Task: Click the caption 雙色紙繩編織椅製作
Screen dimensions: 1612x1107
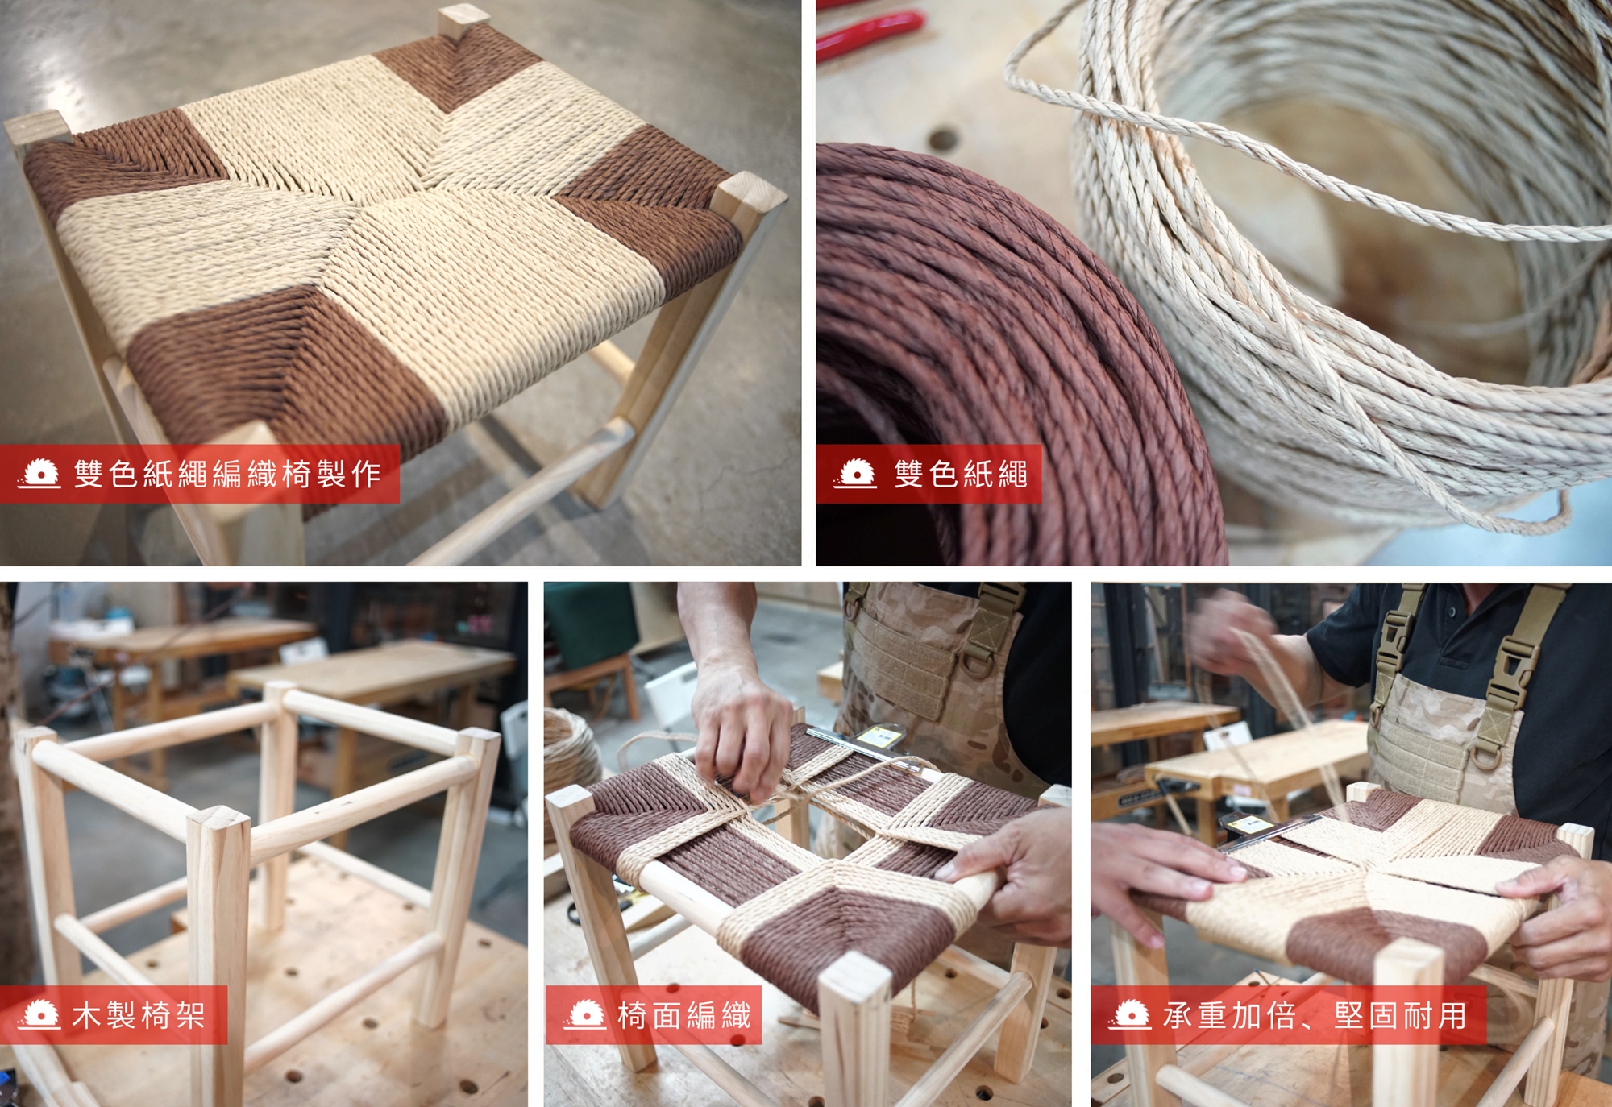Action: pos(227,474)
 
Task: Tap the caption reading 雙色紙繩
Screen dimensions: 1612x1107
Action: pos(961,474)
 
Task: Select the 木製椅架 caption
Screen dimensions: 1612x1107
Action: pos(139,1015)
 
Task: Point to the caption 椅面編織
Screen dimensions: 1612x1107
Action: pos(684,1015)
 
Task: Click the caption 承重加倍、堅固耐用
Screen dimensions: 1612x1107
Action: pos(1315,1015)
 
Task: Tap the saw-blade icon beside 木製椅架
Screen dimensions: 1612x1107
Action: pos(39,1015)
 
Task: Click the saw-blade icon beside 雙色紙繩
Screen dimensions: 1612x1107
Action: pos(855,474)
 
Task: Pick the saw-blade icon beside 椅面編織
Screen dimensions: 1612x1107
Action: pos(585,1015)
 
